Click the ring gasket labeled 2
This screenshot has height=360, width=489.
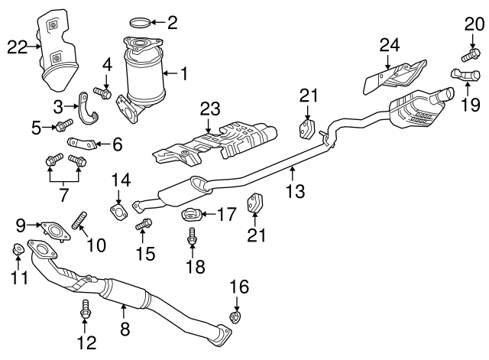tap(138, 23)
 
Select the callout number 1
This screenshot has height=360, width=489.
tap(193, 74)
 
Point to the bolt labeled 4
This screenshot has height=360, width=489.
tap(104, 93)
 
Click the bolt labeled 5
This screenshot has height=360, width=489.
tap(63, 123)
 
